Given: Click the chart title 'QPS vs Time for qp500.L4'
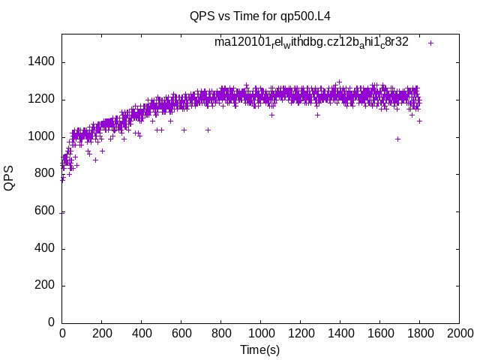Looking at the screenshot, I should [x=260, y=16].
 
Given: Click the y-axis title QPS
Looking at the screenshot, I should [x=9, y=178].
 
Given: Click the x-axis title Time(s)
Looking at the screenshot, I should [x=260, y=349].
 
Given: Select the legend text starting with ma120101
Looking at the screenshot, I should [x=311, y=42].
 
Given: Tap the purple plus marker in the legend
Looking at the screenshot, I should [x=431, y=43].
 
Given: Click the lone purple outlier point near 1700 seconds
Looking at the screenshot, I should [x=397, y=139].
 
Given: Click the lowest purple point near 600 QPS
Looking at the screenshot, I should [x=62, y=212].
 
